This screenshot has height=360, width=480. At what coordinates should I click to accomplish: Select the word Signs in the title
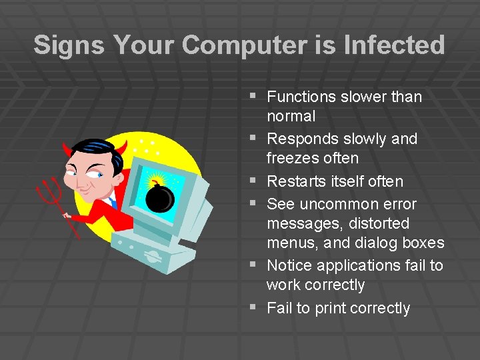pyautogui.click(x=69, y=45)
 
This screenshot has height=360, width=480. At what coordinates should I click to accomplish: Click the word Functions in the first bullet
pyautogui.click(x=301, y=97)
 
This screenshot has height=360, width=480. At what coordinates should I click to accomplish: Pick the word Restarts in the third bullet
pyautogui.click(x=295, y=181)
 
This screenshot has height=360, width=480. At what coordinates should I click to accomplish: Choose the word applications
pyautogui.click(x=358, y=265)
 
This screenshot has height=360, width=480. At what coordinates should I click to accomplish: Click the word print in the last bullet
pyautogui.click(x=331, y=308)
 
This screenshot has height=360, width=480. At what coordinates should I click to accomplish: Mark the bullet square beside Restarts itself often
pyautogui.click(x=252, y=181)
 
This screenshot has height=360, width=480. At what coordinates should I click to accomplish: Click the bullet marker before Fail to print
pyautogui.click(x=252, y=307)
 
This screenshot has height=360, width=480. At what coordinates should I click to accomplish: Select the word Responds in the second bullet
pyautogui.click(x=301, y=139)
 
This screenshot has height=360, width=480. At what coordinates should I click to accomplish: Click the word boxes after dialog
pyautogui.click(x=423, y=243)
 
